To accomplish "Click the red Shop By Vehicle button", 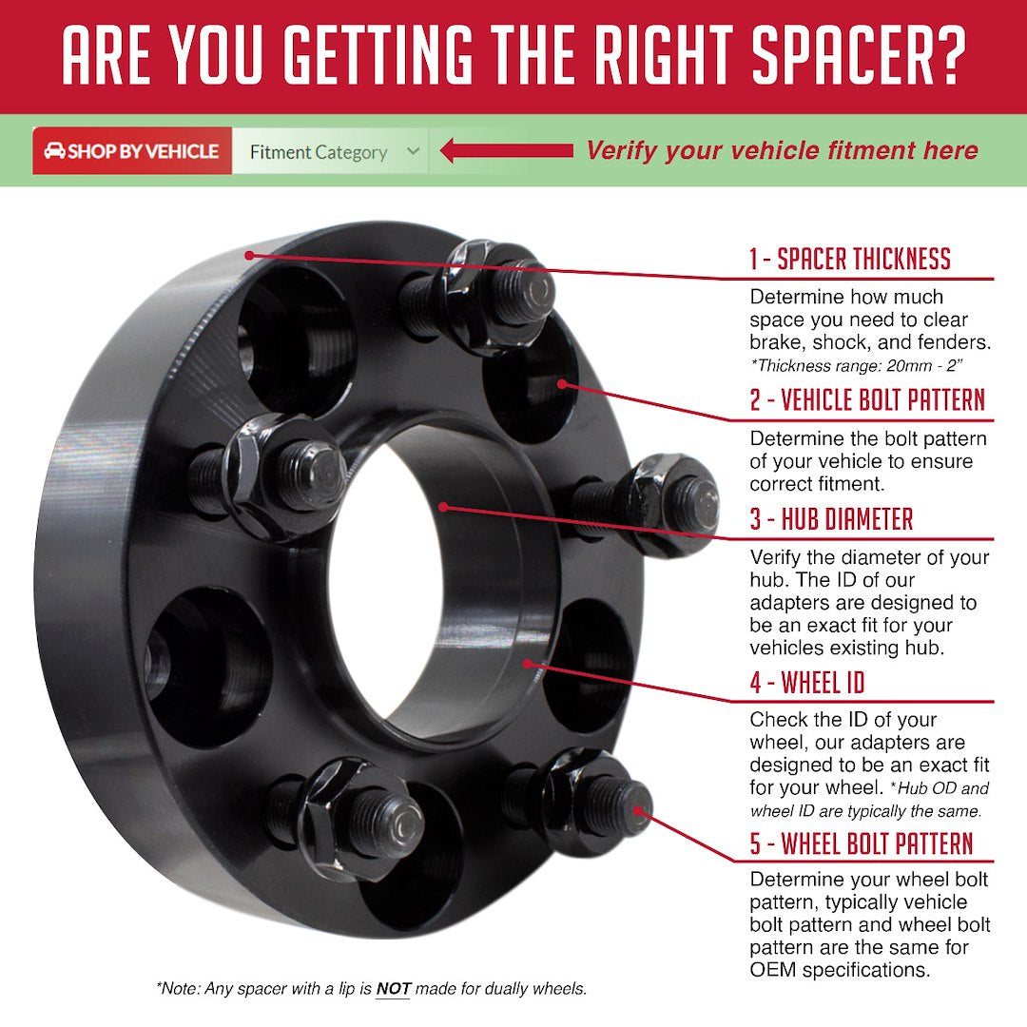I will (132, 151).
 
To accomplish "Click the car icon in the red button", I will (54, 151).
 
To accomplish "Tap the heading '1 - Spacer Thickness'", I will (849, 259).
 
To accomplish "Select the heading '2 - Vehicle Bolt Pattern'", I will (866, 400).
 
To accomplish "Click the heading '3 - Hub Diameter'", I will (831, 519).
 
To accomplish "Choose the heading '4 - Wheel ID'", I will (806, 682).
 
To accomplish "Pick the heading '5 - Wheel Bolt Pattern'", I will (861, 843).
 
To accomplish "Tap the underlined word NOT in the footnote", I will (393, 989).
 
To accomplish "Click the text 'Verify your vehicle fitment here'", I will (782, 150).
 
